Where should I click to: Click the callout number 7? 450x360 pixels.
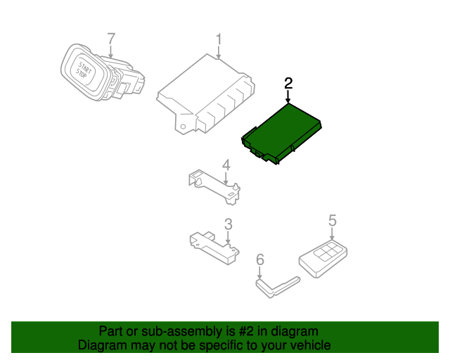tap(111, 39)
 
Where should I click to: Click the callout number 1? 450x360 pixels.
tap(219, 39)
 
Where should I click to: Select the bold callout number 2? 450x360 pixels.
tap(288, 83)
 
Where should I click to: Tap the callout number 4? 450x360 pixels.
tap(226, 165)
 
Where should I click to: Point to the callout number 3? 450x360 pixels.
tap(228, 224)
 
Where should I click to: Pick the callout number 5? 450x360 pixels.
tap(333, 221)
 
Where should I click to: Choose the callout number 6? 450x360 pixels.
tap(259, 259)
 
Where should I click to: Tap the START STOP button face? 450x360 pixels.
tap(84, 71)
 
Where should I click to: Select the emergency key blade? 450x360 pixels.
tap(278, 288)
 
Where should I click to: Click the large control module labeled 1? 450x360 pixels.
tap(205, 94)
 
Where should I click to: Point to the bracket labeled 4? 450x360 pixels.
tap(214, 186)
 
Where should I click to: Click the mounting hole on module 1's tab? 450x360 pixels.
tap(183, 127)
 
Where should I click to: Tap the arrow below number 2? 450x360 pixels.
tap(288, 96)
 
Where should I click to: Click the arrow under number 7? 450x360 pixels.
tap(111, 52)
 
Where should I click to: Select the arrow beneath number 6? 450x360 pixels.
tap(259, 272)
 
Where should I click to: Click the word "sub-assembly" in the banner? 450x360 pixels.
tap(181, 332)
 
